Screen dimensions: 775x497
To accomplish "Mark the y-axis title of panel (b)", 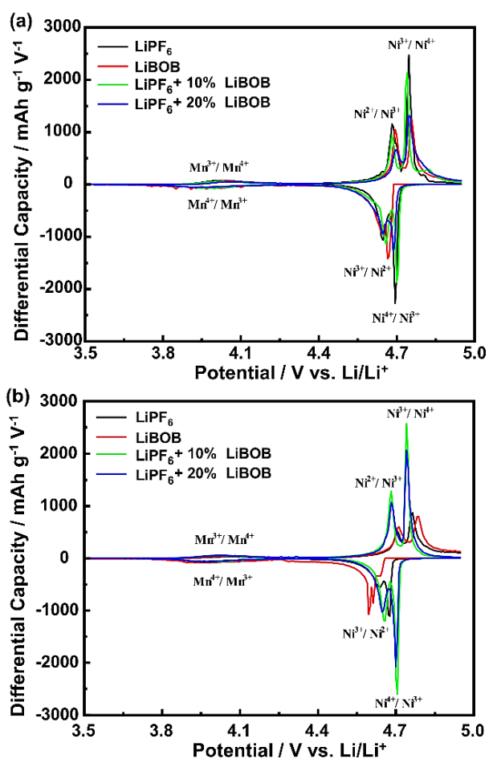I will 21,556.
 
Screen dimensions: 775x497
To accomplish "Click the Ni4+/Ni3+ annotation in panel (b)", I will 398,703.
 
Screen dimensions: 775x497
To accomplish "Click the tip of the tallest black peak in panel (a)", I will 409,55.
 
